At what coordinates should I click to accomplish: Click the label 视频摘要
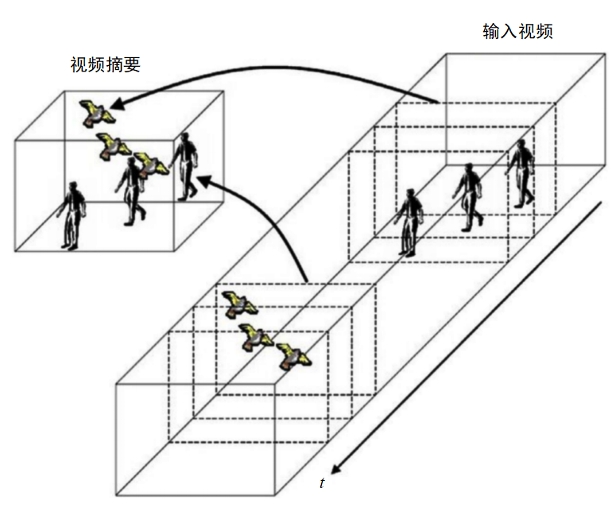coord(105,65)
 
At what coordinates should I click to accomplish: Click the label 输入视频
coord(517,32)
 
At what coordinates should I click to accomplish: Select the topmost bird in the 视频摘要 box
coord(97,113)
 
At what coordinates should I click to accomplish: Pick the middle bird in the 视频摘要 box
coord(113,145)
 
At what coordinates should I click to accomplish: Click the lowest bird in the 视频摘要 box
coord(150,164)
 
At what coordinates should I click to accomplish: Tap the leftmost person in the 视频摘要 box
coord(72,215)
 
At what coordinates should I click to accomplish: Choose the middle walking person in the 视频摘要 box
coord(131,192)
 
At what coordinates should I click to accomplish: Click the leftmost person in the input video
coord(409,222)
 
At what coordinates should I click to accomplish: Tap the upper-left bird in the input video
coord(238,303)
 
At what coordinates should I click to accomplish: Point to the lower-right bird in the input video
coord(293,356)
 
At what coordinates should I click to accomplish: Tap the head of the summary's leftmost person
coord(75,188)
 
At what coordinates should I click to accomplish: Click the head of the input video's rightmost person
coord(522,145)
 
